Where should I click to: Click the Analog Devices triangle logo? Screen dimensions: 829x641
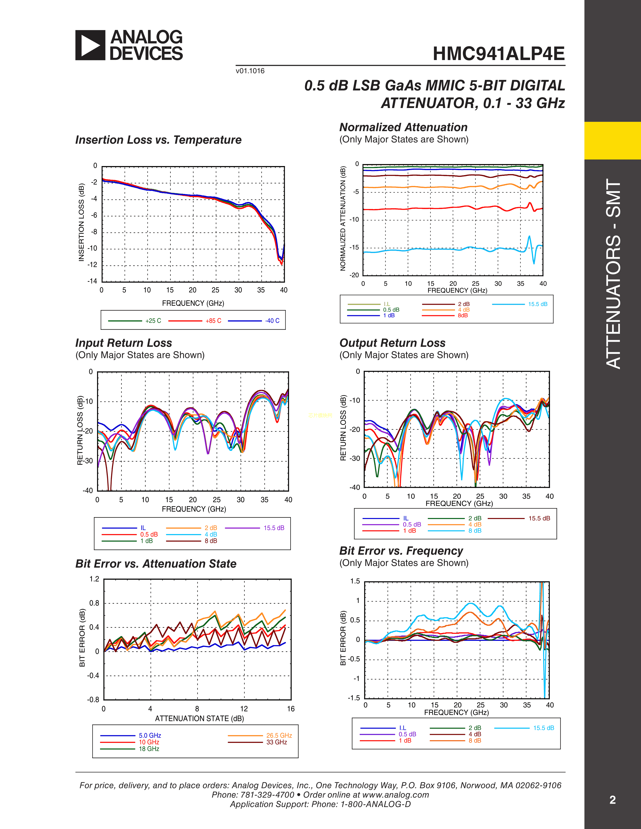coord(90,45)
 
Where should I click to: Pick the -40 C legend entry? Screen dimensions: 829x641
coord(272,321)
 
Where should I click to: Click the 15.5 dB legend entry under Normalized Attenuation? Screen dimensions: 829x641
coord(537,304)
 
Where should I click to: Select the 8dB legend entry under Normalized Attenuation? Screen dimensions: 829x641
coord(463,316)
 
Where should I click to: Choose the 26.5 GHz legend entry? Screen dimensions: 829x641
coord(279,736)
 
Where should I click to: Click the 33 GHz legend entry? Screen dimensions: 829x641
coord(277,742)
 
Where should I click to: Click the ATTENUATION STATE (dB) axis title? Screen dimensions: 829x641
coord(199,718)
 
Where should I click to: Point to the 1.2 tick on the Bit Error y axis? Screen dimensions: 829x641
coord(94,579)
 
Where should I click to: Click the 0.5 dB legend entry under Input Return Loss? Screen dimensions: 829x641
coord(149,534)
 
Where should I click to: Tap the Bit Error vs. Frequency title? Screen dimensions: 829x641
coord(401,551)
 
